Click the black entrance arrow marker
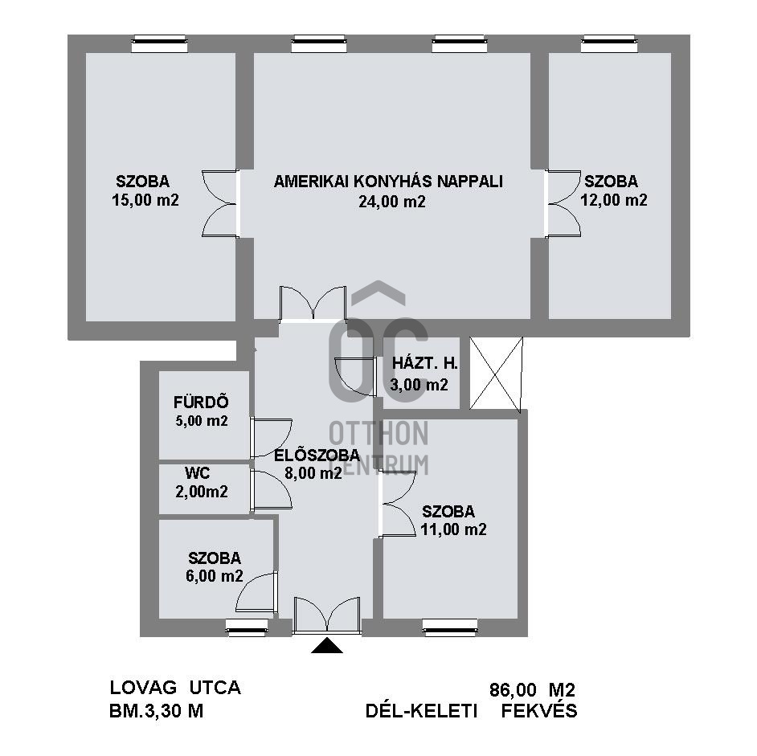point(327,645)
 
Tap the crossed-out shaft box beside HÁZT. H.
point(496,374)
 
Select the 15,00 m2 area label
point(145,200)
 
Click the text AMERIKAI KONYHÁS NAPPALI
point(388,182)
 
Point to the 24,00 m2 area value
point(392,202)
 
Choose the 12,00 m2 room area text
point(614,200)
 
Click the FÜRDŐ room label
point(201,403)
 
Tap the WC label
point(198,472)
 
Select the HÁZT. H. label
point(425,363)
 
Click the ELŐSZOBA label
point(317,455)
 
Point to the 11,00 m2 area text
point(453,529)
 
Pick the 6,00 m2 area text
point(215,576)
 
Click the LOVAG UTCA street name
point(175,688)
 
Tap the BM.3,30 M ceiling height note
point(157,711)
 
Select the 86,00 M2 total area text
point(533,690)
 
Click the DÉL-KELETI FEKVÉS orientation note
point(471,711)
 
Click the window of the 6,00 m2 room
point(247,627)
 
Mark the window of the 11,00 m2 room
point(450,627)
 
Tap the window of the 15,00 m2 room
point(159,43)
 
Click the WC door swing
point(272,488)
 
